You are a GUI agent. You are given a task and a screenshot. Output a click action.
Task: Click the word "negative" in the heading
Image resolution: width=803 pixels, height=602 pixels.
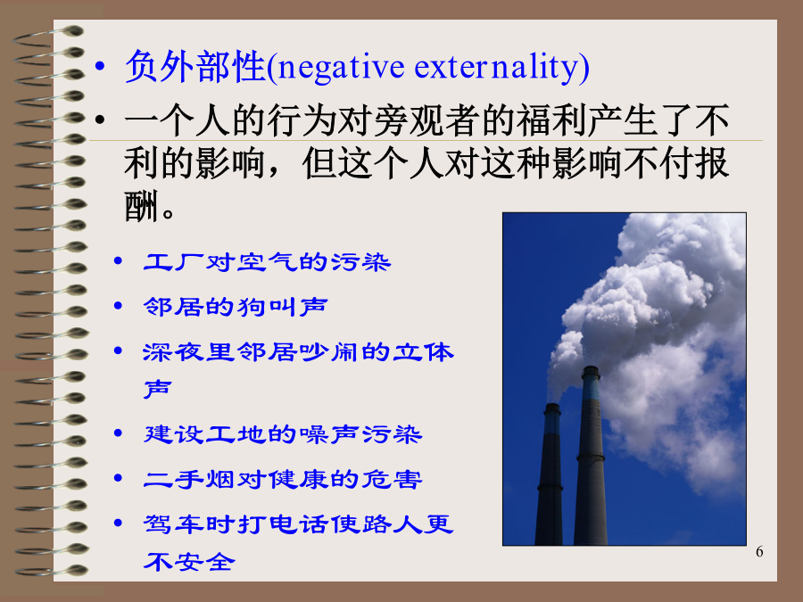(x=341, y=68)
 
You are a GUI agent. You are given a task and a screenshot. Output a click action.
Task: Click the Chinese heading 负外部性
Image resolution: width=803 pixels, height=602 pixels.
(x=195, y=67)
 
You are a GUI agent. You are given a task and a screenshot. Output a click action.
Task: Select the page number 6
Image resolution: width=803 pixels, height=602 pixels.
(x=759, y=552)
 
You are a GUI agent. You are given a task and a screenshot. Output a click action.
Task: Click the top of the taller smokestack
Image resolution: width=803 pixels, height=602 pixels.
(x=591, y=368)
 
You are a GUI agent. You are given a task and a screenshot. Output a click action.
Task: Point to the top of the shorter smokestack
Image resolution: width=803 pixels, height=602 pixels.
(x=552, y=406)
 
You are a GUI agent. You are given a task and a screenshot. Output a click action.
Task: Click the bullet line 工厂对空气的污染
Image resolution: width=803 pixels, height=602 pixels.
(x=267, y=262)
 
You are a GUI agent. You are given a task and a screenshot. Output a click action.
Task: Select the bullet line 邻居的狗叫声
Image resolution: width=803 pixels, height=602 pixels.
(x=235, y=307)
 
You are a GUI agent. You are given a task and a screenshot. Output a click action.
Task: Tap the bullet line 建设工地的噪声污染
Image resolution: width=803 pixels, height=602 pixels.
(x=283, y=434)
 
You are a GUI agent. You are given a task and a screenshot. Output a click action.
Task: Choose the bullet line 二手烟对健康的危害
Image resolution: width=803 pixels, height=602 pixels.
(x=283, y=479)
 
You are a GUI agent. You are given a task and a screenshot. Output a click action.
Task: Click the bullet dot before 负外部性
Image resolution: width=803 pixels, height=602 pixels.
(x=100, y=66)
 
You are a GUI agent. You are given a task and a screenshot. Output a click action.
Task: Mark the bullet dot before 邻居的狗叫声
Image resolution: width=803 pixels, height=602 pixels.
(x=119, y=306)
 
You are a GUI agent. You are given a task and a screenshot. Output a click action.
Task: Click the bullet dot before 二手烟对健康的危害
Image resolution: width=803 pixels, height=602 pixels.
(x=119, y=479)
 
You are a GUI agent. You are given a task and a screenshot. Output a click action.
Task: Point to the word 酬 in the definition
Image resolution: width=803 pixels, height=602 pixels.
(x=141, y=206)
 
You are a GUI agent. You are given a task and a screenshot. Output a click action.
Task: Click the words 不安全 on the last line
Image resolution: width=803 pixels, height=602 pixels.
(x=189, y=562)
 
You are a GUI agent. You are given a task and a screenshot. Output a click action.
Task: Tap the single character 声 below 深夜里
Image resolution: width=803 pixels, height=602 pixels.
(x=157, y=389)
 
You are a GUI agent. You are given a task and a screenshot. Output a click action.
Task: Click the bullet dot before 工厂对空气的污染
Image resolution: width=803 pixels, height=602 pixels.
(x=119, y=261)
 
